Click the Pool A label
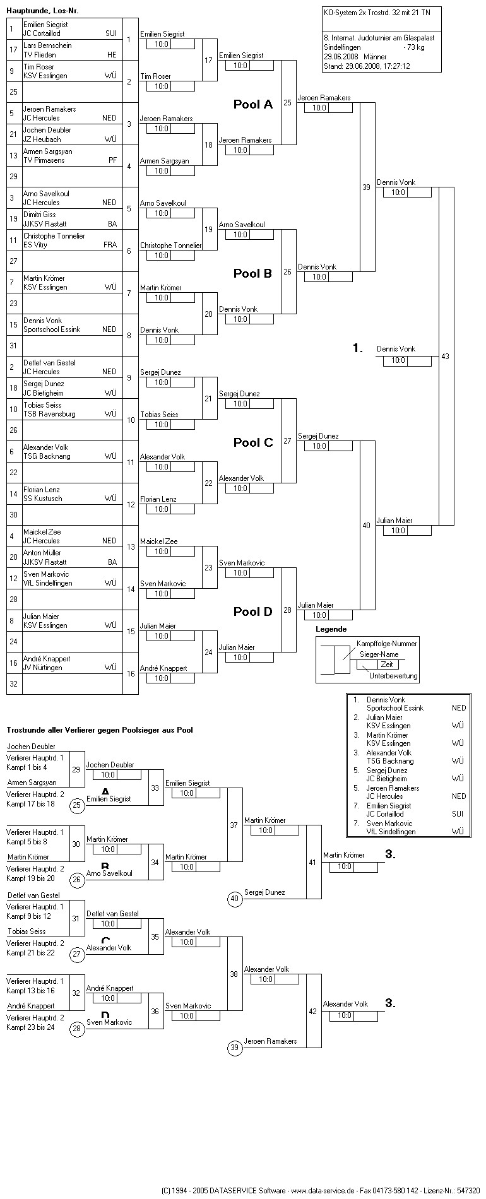pyautogui.click(x=252, y=105)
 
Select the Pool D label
pyautogui.click(x=252, y=611)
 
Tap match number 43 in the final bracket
pyautogui.click(x=446, y=357)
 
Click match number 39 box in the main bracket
pyautogui.click(x=367, y=187)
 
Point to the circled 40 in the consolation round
pyautogui.click(x=235, y=899)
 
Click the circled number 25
pyautogui.click(x=77, y=805)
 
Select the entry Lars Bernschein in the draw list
pyautogui.click(x=47, y=45)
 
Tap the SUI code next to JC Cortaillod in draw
pyautogui.click(x=111, y=33)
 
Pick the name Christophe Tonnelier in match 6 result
pyautogui.click(x=170, y=245)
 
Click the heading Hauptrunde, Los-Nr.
pyautogui.click(x=43, y=11)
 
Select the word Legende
pyautogui.click(x=331, y=629)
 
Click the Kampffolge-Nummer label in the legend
pyautogui.click(x=386, y=643)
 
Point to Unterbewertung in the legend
pyautogui.click(x=393, y=676)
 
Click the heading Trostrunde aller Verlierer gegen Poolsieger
pyautogui.click(x=99, y=730)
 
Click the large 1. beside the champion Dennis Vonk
pyautogui.click(x=358, y=348)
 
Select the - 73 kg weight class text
pyautogui.click(x=413, y=47)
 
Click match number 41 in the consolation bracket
pyautogui.click(x=312, y=862)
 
